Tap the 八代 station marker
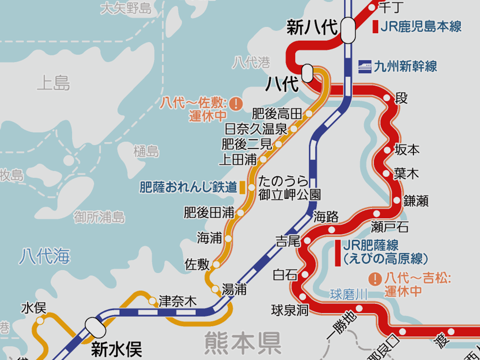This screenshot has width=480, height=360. (307, 73)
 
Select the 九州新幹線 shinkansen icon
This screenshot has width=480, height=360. (365, 66)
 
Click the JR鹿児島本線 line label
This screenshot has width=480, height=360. (421, 27)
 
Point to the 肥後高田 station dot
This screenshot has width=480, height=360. (309, 114)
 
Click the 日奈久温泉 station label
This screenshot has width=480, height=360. (255, 129)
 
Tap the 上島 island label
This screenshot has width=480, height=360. (53, 83)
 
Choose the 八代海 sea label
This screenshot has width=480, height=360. (45, 257)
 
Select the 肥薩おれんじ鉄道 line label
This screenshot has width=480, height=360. (188, 187)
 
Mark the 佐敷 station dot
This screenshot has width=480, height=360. (216, 265)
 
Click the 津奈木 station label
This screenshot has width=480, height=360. (178, 301)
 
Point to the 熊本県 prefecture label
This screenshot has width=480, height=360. (242, 343)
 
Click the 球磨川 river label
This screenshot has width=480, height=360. (348, 295)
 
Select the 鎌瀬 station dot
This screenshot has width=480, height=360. (397, 201)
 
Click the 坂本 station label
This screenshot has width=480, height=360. (407, 150)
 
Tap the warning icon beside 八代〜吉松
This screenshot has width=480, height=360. (375, 279)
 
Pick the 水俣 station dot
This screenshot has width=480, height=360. (40, 321)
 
